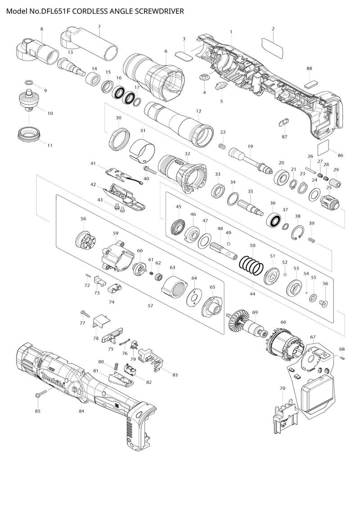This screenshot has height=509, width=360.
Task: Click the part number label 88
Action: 309,68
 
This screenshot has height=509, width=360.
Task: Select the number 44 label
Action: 252,294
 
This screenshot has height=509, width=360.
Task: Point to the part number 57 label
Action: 150,306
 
